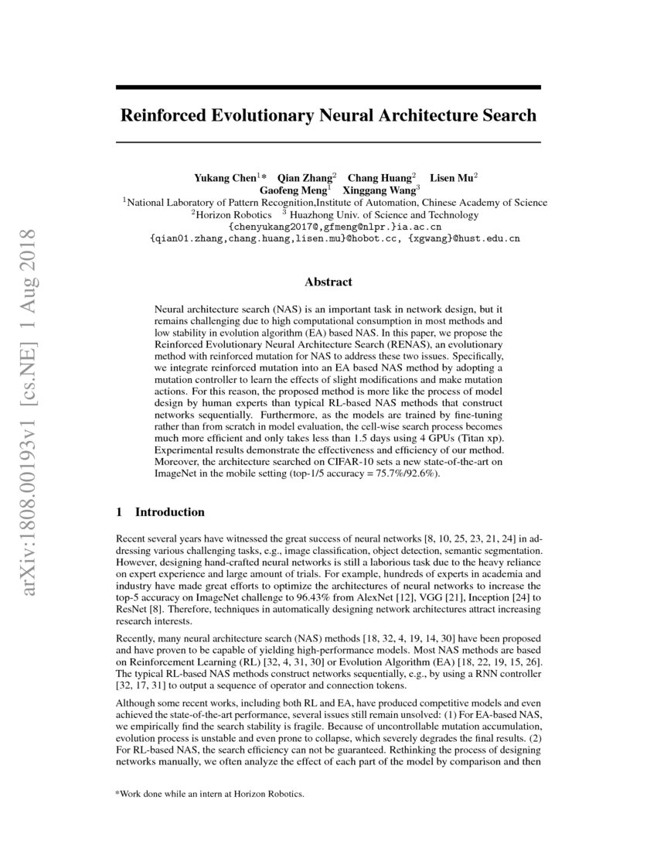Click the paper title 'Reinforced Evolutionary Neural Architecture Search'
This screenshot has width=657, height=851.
pyautogui.click(x=328, y=115)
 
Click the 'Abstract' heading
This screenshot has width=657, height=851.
pyautogui.click(x=328, y=282)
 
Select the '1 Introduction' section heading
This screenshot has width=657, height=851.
pyautogui.click(x=160, y=512)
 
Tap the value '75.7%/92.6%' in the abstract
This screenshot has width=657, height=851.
pyautogui.click(x=407, y=473)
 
